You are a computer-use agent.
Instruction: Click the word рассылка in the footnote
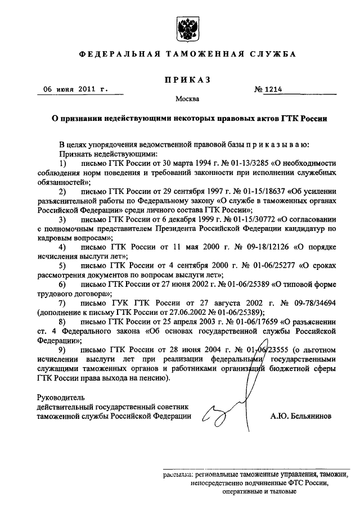[x=178, y=473]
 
